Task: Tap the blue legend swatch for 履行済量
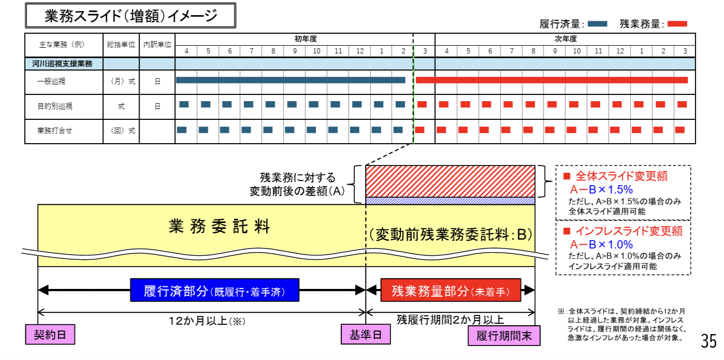(x=598, y=23)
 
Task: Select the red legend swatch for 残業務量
(x=677, y=23)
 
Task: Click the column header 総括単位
(x=121, y=45)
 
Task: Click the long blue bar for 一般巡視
(x=290, y=80)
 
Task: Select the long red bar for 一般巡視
(x=552, y=80)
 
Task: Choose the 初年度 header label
(x=305, y=39)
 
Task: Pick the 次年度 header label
(x=565, y=39)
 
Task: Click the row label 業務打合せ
(x=55, y=130)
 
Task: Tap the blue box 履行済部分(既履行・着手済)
(x=215, y=290)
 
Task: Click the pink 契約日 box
(x=50, y=335)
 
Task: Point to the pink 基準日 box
(x=365, y=335)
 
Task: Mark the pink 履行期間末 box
(x=504, y=336)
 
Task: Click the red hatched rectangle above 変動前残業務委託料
(x=450, y=181)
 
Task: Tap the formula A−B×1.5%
(x=602, y=189)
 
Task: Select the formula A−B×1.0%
(x=602, y=244)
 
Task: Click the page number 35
(x=708, y=341)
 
